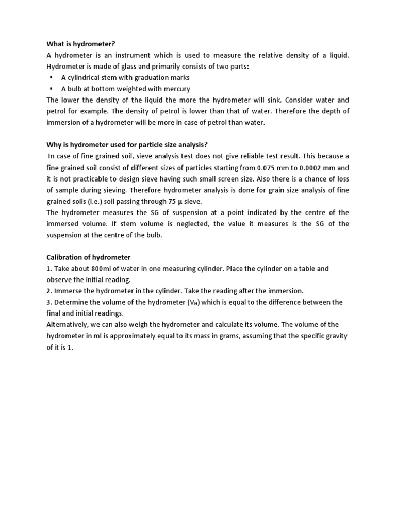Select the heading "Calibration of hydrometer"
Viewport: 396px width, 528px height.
coord(89,257)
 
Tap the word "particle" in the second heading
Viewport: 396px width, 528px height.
coord(145,144)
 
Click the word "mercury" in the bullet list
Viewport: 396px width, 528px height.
coord(163,89)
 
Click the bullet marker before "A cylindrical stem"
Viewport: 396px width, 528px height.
coord(52,77)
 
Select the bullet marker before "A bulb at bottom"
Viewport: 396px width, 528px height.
coord(52,89)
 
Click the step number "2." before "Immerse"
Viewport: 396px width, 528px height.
coord(49,291)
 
